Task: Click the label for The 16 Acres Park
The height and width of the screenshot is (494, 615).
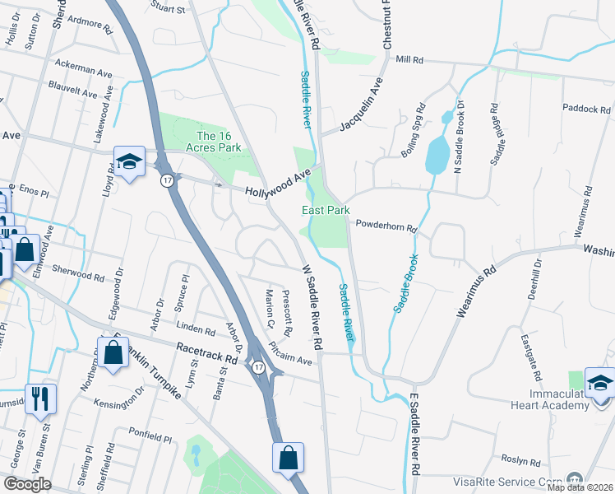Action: pos(219,142)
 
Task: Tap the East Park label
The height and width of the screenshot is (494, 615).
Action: pos(326,211)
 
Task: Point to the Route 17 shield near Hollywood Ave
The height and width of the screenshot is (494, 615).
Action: pos(166,180)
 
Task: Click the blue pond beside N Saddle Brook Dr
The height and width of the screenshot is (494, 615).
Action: pos(436,154)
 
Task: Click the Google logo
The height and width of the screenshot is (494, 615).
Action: pos(28,483)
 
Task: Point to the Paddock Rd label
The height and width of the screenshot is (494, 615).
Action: pos(585,109)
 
